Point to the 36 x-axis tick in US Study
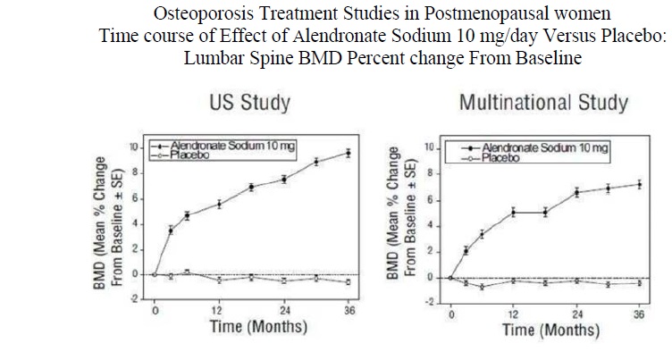[x=348, y=311]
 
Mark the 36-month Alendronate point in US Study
[x=348, y=153]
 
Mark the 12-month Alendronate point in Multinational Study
[x=513, y=212]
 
